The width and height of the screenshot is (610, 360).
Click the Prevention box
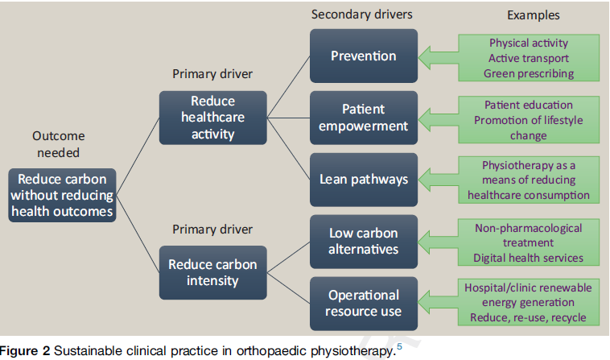click(364, 56)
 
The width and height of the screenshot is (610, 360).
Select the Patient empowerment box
click(364, 118)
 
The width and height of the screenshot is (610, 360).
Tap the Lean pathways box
click(364, 180)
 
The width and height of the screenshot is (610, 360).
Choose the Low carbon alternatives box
click(364, 242)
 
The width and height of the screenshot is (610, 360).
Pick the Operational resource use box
click(364, 304)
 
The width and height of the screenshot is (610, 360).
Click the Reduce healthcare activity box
click(212, 118)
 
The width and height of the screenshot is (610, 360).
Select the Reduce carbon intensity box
click(212, 272)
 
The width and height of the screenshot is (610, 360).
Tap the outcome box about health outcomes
click(62, 195)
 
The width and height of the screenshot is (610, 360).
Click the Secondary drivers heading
click(362, 14)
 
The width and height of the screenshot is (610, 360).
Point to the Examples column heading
click(534, 15)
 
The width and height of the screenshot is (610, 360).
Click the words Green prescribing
click(529, 73)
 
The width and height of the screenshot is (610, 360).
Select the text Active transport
click(529, 58)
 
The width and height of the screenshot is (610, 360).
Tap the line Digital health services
click(528, 258)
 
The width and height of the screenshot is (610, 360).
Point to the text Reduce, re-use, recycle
click(528, 317)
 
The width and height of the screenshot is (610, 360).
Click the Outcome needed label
click(59, 144)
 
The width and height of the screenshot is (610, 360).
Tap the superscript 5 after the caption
click(399, 346)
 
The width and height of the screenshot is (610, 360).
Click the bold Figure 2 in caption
click(25, 350)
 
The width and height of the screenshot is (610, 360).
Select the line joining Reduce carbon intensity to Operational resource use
click(288, 288)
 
